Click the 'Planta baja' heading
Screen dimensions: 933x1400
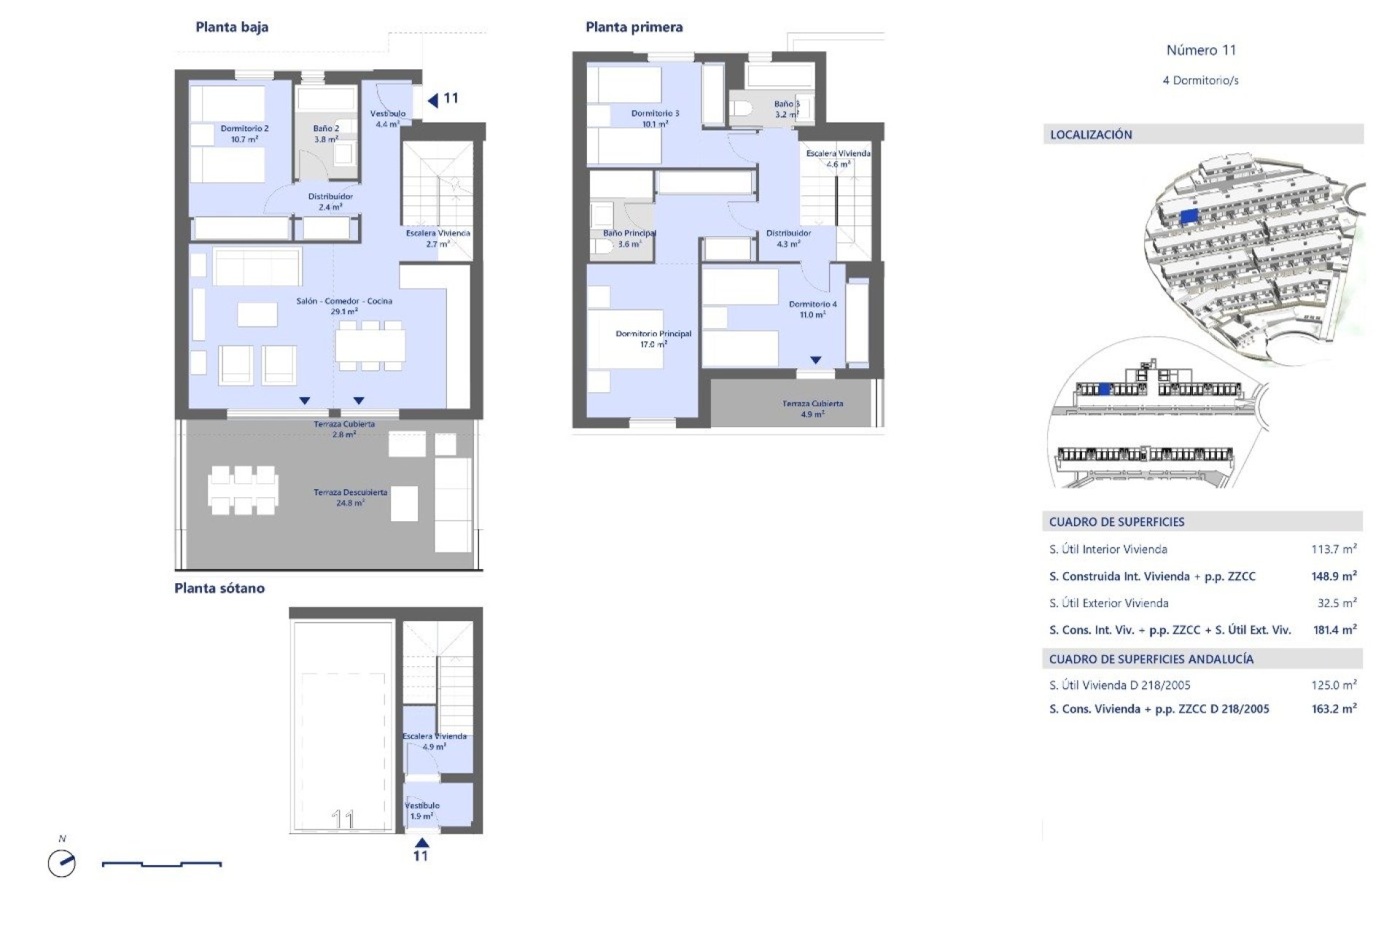232,28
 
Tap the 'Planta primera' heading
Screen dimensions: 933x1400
634,28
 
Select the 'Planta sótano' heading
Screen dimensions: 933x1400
219,588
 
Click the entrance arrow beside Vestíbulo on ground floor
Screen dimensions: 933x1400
433,100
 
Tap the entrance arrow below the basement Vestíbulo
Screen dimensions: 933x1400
421,843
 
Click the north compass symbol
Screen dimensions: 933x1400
62,864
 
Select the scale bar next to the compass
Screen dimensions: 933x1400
162,864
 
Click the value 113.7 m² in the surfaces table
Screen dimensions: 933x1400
1333,550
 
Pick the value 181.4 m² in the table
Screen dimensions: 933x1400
1334,630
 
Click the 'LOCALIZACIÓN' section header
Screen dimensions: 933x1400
1091,135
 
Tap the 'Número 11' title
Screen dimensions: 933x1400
1201,50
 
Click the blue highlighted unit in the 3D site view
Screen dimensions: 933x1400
1189,216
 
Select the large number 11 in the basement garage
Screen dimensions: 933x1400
343,819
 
